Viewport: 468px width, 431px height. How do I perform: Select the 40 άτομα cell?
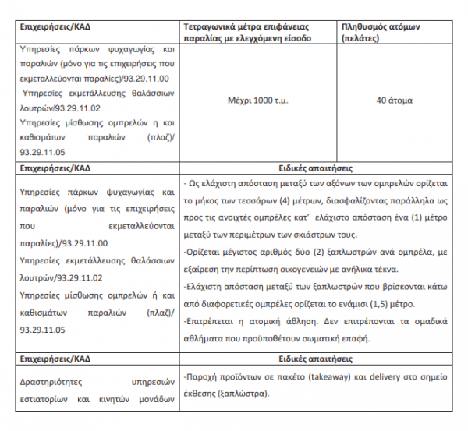click(394, 101)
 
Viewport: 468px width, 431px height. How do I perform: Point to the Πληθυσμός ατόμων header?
click(381, 26)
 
